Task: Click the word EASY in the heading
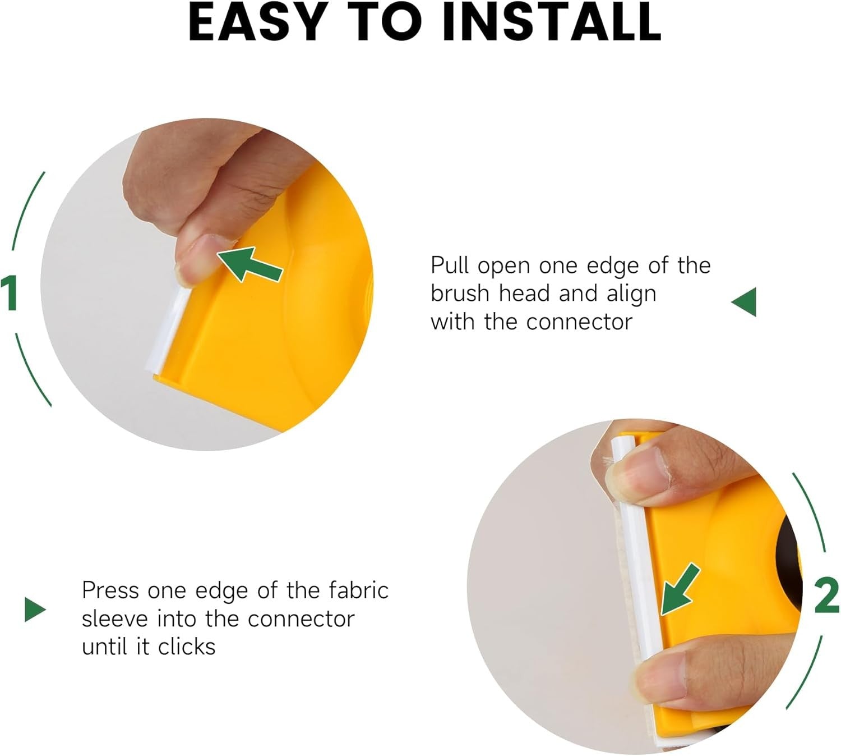(x=256, y=23)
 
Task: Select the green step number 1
(x=10, y=292)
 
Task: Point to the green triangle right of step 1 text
(x=743, y=302)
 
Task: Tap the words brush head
(x=490, y=294)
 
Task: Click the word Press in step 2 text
(x=110, y=590)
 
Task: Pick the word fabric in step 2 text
(x=359, y=590)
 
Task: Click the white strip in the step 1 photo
(x=169, y=328)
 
